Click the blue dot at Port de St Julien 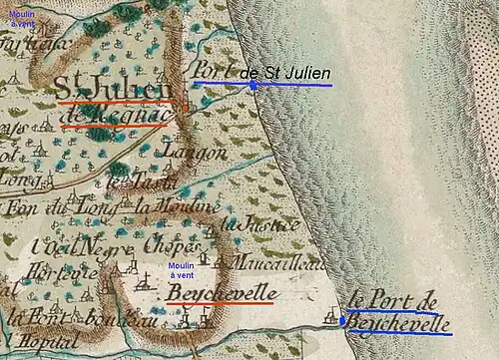252,85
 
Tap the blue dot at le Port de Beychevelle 342,321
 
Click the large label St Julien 113,89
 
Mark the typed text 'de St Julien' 285,73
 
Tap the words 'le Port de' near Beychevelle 396,300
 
